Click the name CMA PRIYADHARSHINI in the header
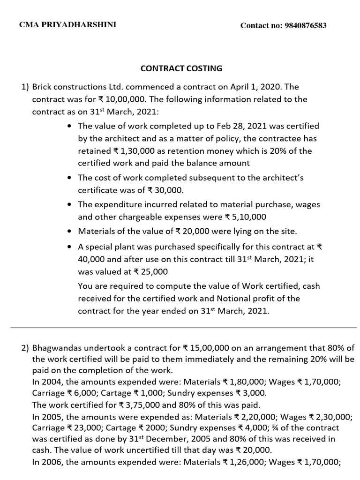[67, 25]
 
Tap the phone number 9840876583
[305, 26]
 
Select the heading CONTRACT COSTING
[181, 68]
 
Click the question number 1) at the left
[25, 87]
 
